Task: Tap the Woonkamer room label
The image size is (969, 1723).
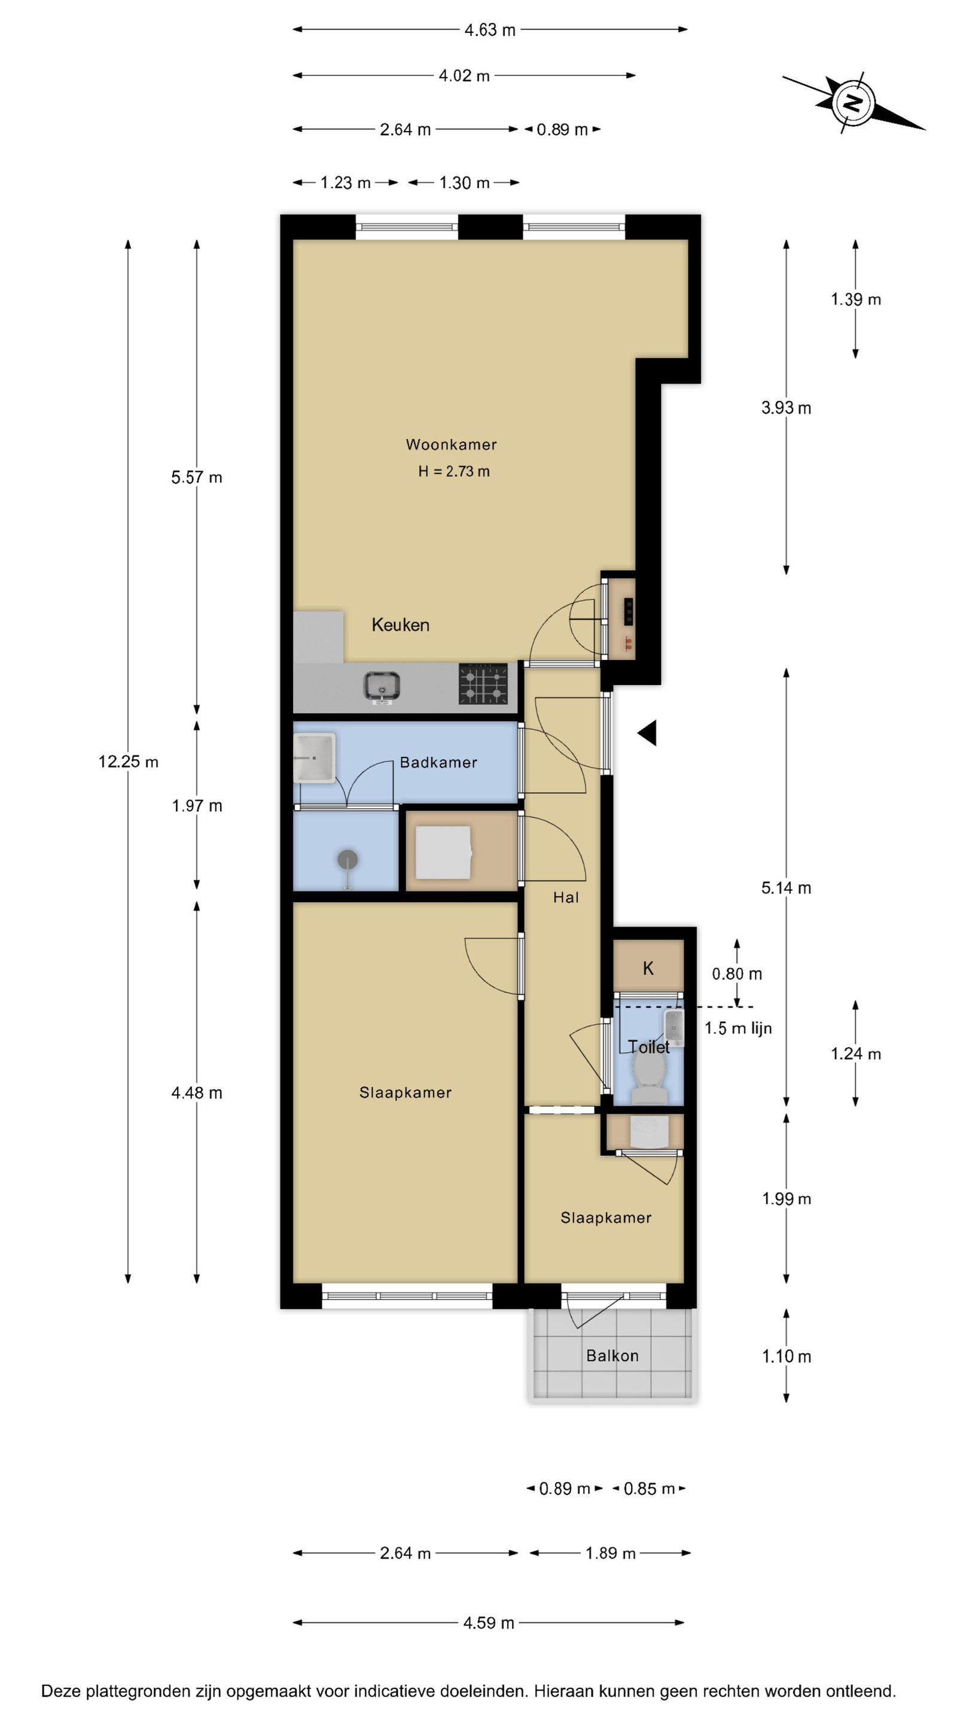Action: (452, 445)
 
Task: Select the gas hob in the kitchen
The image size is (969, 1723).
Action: (483, 684)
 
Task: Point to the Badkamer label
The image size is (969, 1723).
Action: (438, 763)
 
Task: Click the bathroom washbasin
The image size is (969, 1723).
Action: (314, 758)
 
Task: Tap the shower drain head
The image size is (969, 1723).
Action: (347, 860)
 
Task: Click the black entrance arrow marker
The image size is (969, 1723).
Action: (647, 733)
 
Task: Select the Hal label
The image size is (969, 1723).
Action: (566, 897)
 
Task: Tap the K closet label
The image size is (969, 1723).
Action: (648, 968)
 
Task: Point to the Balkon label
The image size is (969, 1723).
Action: (613, 1356)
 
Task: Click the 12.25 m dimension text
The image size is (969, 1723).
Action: (129, 761)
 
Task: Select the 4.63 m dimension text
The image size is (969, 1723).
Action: (490, 30)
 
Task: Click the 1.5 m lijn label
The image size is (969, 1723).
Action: (738, 1028)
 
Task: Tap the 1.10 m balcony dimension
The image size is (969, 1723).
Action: (787, 1356)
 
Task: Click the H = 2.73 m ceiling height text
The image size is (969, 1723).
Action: (454, 471)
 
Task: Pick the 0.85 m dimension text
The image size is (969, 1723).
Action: (650, 1489)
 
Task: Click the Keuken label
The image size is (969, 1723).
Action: (401, 625)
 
